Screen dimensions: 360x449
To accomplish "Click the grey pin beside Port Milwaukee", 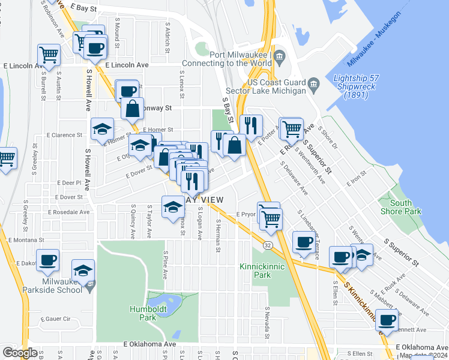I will pyautogui.click(x=280, y=59).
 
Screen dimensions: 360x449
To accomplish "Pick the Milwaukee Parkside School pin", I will pyautogui.click(x=90, y=286).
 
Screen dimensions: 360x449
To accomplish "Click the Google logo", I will pyautogui.click(x=20, y=353).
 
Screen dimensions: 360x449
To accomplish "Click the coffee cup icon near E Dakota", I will pyautogui.click(x=48, y=260).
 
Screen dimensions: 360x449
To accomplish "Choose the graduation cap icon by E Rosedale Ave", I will pyautogui.click(x=173, y=207).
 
